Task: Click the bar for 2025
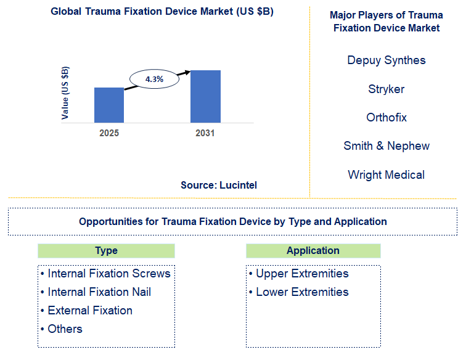coord(109,105)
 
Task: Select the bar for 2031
coord(205,96)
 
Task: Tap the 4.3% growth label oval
coord(153,80)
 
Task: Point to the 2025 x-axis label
coord(109,133)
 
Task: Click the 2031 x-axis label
coord(205,133)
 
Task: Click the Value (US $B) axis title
coord(65,92)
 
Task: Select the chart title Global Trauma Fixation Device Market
coord(154,12)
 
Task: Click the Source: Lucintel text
coord(219,185)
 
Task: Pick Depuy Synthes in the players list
coord(386,60)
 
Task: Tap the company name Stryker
coord(386,89)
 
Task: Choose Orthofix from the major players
coord(386,118)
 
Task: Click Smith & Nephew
coord(386,146)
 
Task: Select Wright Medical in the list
coord(386,175)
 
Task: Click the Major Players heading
coord(386,22)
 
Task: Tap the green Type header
coord(106,251)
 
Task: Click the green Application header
coord(313,251)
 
